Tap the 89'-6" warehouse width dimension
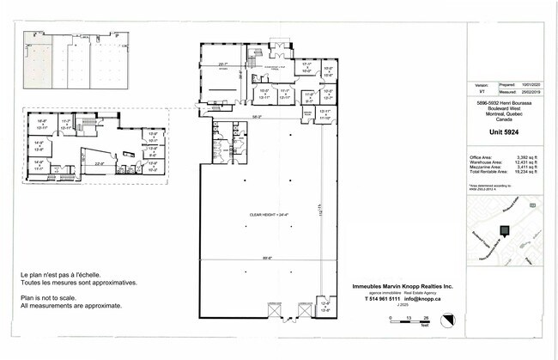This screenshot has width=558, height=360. (268, 256)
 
